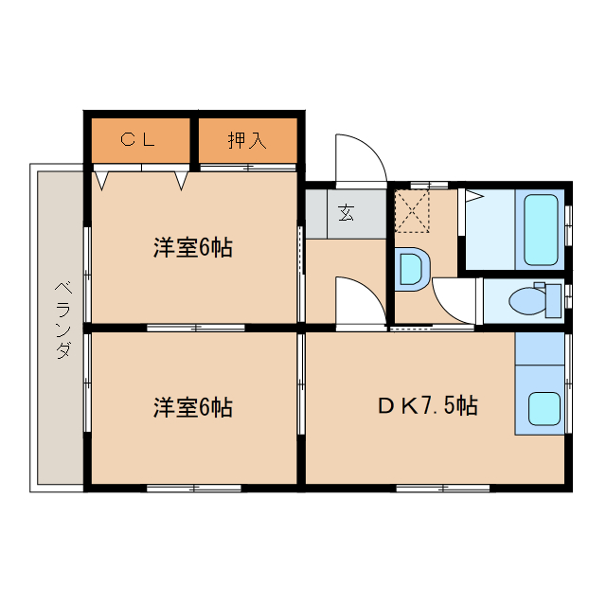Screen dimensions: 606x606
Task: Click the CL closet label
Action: coord(138,141)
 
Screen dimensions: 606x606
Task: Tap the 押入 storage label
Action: coord(247,141)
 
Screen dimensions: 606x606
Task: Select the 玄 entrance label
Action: coord(346,213)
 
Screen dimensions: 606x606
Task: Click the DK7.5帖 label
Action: coord(428,407)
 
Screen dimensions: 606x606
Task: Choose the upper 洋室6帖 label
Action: coord(193,248)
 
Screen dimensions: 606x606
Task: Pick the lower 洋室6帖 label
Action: coord(193,408)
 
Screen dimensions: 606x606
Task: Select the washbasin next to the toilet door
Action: coord(412,267)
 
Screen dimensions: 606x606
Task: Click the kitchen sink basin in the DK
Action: coord(543,409)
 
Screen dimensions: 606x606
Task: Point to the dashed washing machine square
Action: coord(412,210)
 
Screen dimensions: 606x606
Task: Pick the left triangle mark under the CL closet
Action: coord(103,179)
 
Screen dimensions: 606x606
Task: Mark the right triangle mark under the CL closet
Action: coord(181,179)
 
